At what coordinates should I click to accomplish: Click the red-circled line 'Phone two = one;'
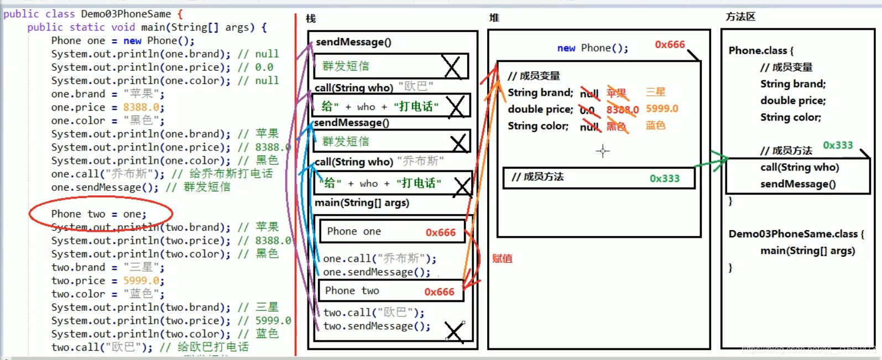[98, 214]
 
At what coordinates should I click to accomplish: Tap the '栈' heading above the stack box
[311, 19]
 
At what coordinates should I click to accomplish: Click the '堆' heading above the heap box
[494, 18]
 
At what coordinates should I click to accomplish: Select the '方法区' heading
[740, 17]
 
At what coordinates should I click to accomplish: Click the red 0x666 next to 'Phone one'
[440, 232]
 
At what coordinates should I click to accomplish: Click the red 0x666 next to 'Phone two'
[439, 291]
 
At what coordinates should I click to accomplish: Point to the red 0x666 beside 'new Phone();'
[670, 45]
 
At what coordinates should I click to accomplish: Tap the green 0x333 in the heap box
[664, 178]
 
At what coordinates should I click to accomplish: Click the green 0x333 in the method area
[838, 145]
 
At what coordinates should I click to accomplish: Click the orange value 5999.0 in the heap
[662, 109]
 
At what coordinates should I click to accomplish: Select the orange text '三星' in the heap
[656, 92]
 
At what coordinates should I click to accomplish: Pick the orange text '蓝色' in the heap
[656, 126]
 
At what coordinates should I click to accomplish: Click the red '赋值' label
[502, 258]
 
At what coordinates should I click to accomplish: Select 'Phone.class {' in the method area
[761, 50]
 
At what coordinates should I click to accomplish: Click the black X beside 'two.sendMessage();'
[454, 332]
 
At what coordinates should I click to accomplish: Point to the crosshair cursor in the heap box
[603, 150]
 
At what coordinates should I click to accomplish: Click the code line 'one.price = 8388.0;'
[107, 107]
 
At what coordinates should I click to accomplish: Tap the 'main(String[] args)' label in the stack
[362, 202]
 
